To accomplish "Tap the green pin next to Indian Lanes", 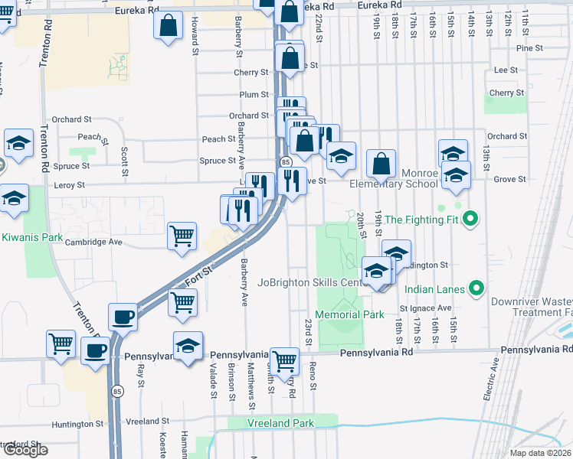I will click(476, 288).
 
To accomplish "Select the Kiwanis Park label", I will click(31, 237).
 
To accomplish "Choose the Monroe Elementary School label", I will click(394, 184).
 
